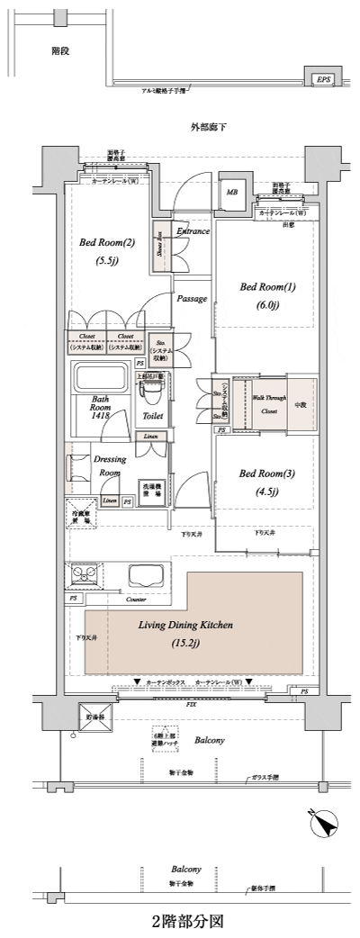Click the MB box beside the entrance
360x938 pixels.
coord(231,192)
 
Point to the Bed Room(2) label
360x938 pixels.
coord(107,243)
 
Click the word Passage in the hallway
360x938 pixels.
coord(192,298)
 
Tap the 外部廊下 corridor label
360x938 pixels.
coord(208,127)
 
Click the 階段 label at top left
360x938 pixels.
coord(60,51)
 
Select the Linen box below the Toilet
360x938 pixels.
coord(149,437)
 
